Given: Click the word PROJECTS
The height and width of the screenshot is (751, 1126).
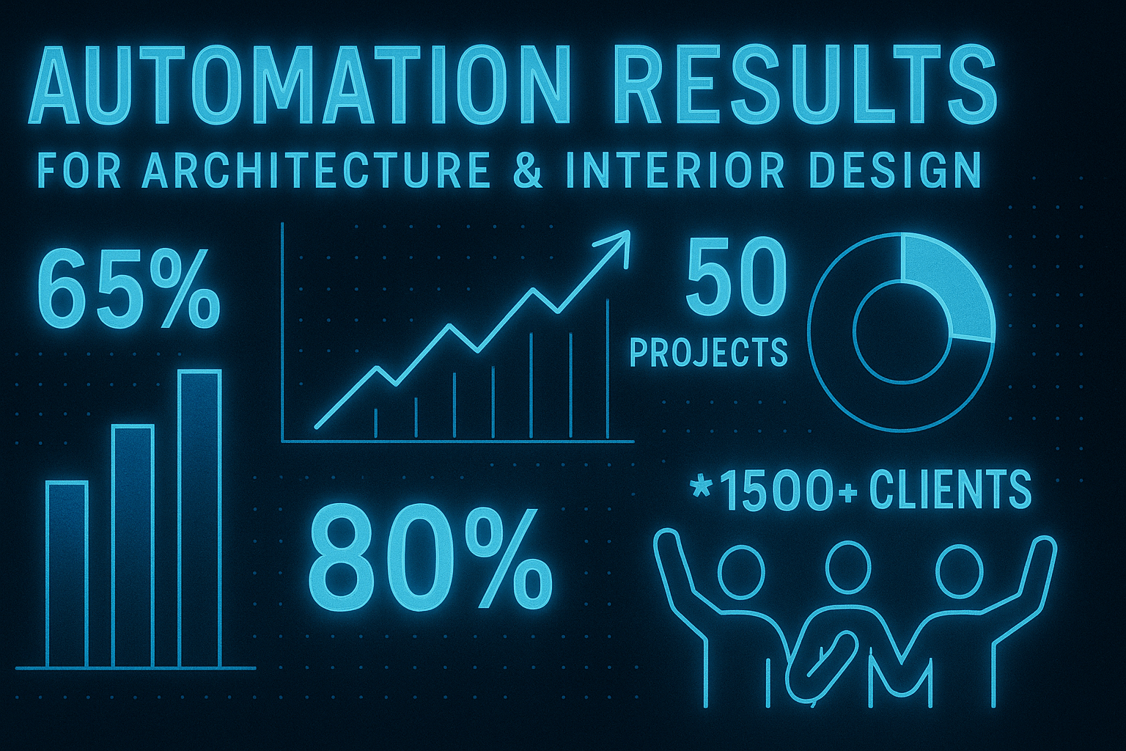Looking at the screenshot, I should (x=708, y=352).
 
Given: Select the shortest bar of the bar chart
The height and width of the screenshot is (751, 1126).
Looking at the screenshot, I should (x=67, y=574).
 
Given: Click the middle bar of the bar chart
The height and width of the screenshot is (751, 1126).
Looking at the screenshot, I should (x=133, y=546).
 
